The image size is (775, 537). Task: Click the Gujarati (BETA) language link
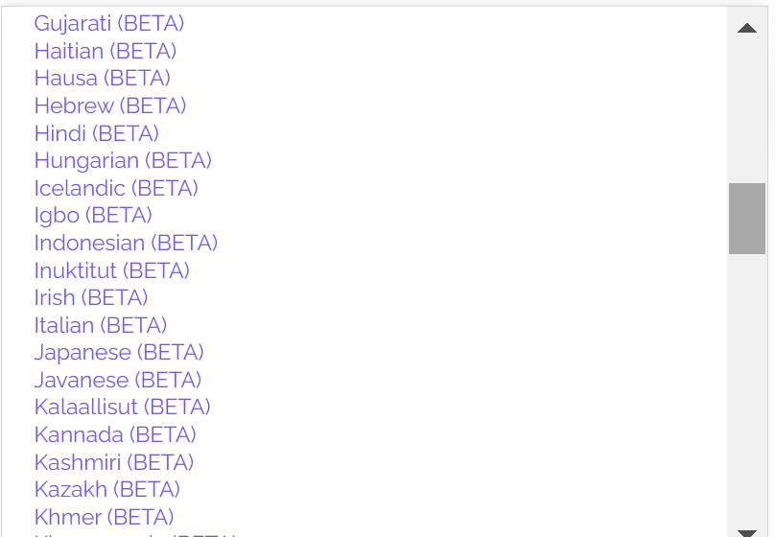pyautogui.click(x=109, y=24)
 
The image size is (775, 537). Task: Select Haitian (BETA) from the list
pyautogui.click(x=106, y=51)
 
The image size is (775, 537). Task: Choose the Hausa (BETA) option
pyautogui.click(x=103, y=78)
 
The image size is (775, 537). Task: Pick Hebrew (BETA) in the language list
pyautogui.click(x=110, y=105)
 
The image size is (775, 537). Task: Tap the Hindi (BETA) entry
pyautogui.click(x=96, y=133)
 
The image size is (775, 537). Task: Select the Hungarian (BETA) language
pyautogui.click(x=123, y=161)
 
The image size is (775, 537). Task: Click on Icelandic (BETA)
pyautogui.click(x=116, y=188)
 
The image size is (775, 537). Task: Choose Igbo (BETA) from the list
pyautogui.click(x=93, y=216)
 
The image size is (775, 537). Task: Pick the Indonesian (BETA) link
pyautogui.click(x=126, y=243)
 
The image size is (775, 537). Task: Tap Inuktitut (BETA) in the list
pyautogui.click(x=111, y=270)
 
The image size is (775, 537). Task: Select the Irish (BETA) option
pyautogui.click(x=91, y=298)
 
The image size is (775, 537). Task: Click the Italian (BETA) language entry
pyautogui.click(x=101, y=326)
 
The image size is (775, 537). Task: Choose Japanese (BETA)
pyautogui.click(x=119, y=353)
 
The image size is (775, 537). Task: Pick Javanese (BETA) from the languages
pyautogui.click(x=118, y=381)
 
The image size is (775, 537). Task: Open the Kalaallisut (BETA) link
pyautogui.click(x=123, y=408)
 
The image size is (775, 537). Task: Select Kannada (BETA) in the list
pyautogui.click(x=115, y=435)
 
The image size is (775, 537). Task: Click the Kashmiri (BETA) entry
pyautogui.click(x=114, y=463)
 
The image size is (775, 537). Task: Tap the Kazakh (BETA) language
pyautogui.click(x=106, y=490)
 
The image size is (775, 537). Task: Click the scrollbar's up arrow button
pyautogui.click(x=747, y=28)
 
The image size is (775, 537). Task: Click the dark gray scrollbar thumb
pyautogui.click(x=747, y=219)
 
